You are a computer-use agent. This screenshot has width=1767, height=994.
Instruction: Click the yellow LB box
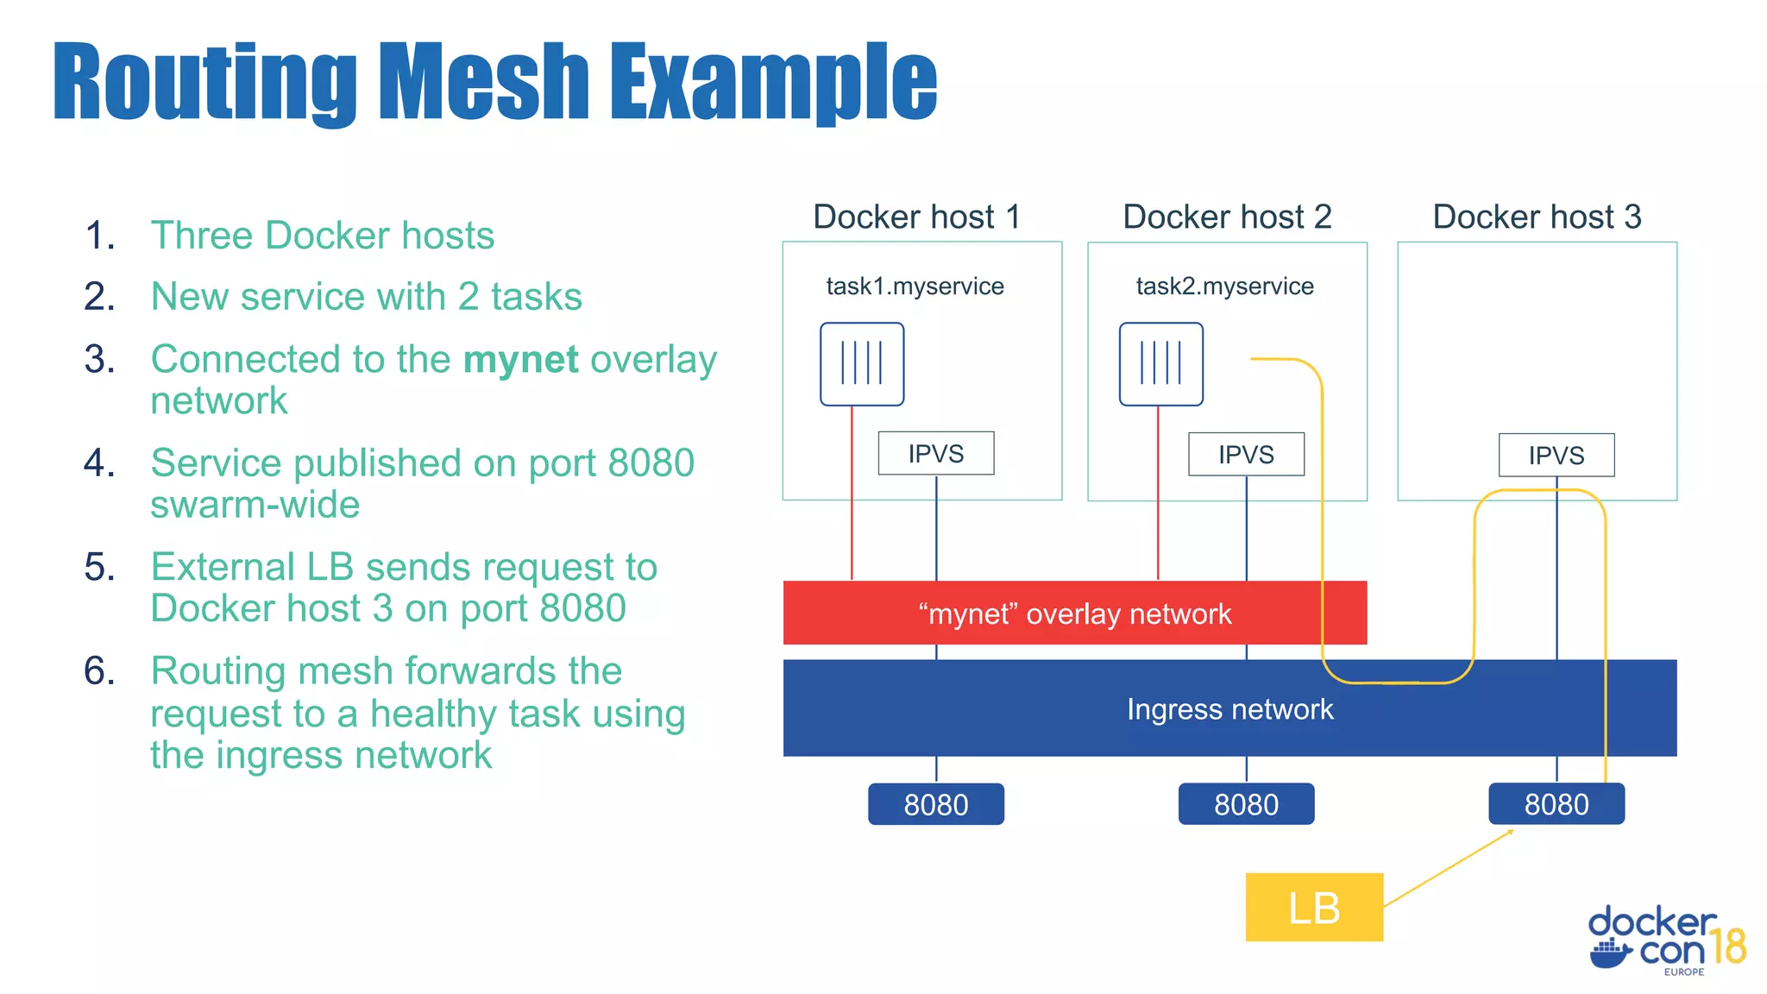(1313, 907)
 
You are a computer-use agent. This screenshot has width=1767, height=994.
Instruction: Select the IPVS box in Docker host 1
(935, 453)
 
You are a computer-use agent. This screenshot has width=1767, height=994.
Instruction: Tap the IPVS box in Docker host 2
(1246, 454)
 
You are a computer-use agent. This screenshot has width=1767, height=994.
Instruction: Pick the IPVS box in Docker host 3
(1556, 455)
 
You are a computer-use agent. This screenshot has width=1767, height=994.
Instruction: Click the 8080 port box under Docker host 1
(935, 804)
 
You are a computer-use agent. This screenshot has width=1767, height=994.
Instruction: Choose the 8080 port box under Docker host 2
(1246, 804)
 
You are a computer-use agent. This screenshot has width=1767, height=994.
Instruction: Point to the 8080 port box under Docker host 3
(1556, 803)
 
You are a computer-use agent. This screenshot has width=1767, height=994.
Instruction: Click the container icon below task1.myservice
(861, 363)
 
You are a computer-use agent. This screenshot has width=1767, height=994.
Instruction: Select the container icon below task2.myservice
(1160, 363)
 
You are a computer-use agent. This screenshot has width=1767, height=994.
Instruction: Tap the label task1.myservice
(915, 286)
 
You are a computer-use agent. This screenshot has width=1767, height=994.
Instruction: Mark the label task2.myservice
(1224, 286)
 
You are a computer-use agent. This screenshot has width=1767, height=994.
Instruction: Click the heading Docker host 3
(1537, 217)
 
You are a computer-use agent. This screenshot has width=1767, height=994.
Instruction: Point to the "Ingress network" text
(1229, 708)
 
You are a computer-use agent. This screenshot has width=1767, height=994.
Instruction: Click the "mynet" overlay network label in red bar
(1074, 613)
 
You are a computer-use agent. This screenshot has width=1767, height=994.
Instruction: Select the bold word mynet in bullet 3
(520, 359)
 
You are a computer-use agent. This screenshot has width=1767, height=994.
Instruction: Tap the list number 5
(99, 567)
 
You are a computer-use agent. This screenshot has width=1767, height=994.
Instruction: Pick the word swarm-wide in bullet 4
(255, 505)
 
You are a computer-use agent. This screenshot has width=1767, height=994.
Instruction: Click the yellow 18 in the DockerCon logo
(1728, 947)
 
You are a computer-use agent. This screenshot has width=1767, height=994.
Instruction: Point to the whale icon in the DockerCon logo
(1610, 953)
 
